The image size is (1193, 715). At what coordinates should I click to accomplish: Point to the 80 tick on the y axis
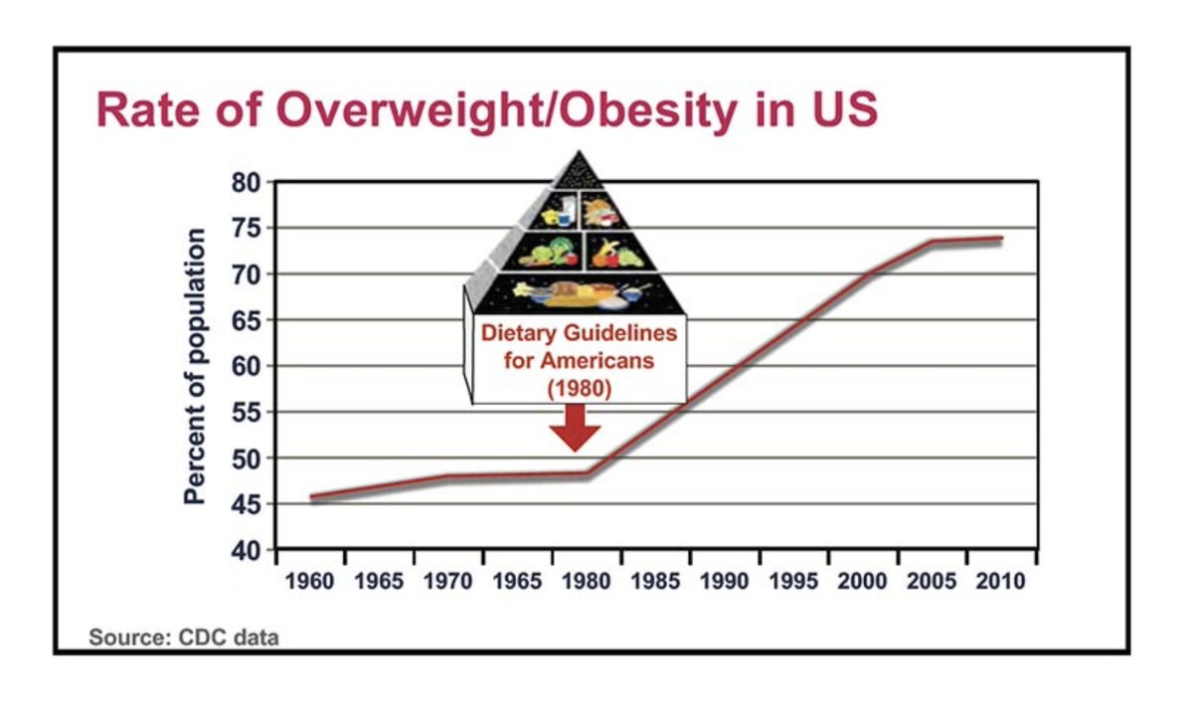[246, 183]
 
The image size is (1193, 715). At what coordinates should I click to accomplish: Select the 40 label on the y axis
[246, 550]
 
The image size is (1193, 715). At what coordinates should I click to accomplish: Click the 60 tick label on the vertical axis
[246, 366]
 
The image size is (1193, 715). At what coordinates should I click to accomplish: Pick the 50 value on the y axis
[246, 458]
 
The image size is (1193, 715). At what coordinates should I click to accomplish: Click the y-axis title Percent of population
[196, 366]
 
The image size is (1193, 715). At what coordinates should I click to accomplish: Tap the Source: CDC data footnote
[183, 637]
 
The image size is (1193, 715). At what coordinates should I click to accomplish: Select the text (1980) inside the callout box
[579, 387]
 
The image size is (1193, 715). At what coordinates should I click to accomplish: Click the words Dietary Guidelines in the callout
[579, 332]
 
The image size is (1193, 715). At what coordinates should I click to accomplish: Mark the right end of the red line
[1000, 239]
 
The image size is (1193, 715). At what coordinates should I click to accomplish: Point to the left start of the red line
[312, 498]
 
